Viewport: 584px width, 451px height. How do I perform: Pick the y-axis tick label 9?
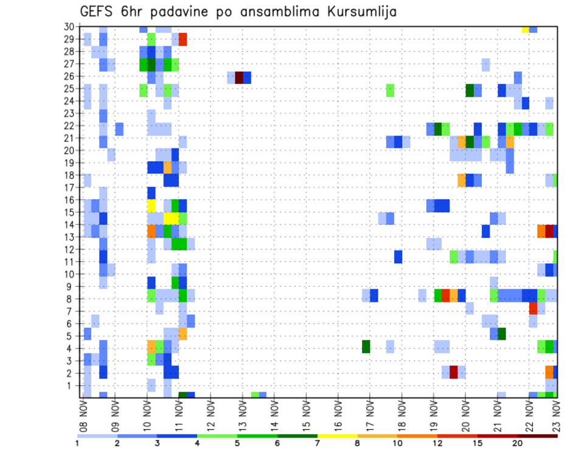click(x=71, y=287)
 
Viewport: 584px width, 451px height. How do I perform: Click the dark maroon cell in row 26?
click(x=239, y=77)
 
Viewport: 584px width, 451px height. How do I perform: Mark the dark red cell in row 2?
click(x=453, y=372)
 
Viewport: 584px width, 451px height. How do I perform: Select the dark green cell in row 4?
click(x=366, y=346)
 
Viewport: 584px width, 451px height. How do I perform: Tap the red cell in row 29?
click(x=182, y=40)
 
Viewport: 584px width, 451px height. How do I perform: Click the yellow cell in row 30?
click(x=525, y=29)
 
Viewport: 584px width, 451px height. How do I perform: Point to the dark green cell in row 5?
click(x=502, y=334)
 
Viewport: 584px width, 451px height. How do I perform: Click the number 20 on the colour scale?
click(x=518, y=443)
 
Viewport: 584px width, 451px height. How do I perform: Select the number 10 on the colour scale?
click(x=397, y=443)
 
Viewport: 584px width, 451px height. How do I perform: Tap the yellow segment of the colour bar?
click(x=338, y=436)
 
